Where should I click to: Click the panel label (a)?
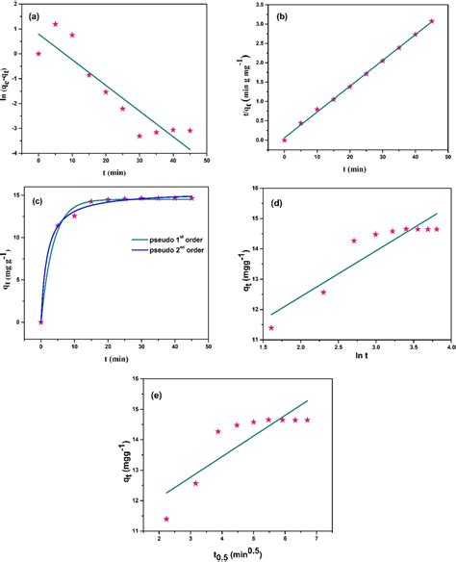click(x=35, y=15)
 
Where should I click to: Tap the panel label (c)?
click(x=36, y=201)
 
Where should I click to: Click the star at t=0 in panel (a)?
click(x=38, y=54)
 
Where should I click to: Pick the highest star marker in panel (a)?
click(x=55, y=24)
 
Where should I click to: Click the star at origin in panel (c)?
click(x=40, y=321)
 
